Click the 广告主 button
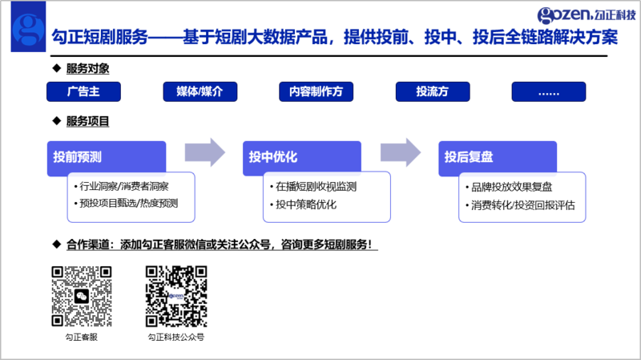click(x=83, y=91)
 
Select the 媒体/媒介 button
click(x=200, y=91)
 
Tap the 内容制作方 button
click(x=316, y=91)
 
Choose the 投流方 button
click(x=433, y=91)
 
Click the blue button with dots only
click(x=549, y=91)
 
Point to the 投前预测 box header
click(x=107, y=157)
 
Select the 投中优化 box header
click(x=302, y=157)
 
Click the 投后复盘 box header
click(x=498, y=157)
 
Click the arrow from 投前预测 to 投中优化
click(x=205, y=152)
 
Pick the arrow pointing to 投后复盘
click(x=401, y=152)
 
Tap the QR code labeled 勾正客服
click(x=82, y=296)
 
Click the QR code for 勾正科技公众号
click(x=176, y=296)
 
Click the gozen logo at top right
click(x=587, y=15)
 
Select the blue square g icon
click(x=28, y=26)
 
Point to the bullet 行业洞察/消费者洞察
click(x=122, y=187)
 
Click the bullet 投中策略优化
click(x=303, y=204)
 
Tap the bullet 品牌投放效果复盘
click(x=509, y=187)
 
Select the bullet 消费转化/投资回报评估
click(x=520, y=205)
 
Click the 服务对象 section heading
click(x=87, y=68)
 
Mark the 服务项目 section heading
click(x=87, y=121)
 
